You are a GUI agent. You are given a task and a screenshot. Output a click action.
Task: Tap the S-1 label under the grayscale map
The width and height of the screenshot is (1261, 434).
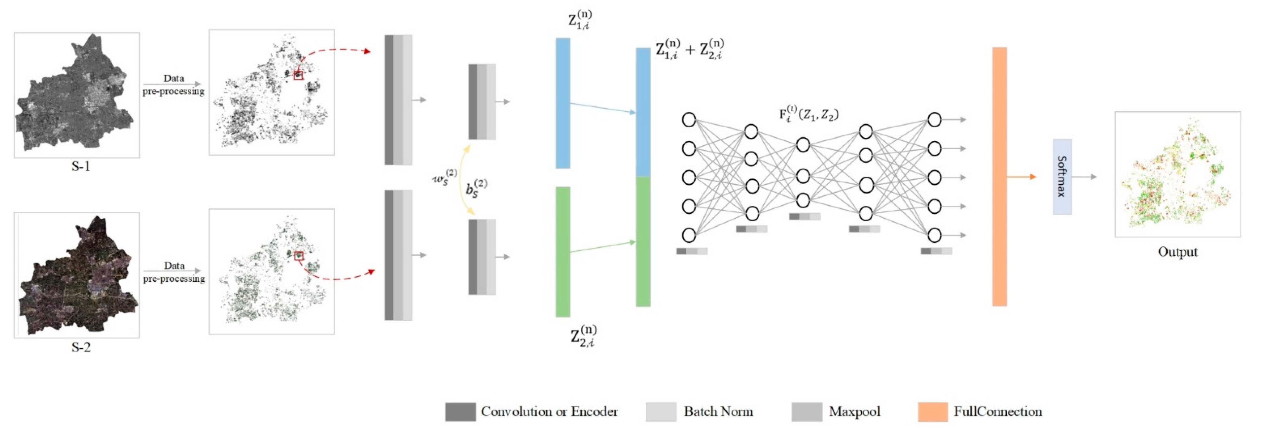pyautogui.click(x=81, y=166)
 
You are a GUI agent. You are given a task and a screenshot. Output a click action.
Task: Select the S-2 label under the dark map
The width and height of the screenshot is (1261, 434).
pyautogui.click(x=81, y=347)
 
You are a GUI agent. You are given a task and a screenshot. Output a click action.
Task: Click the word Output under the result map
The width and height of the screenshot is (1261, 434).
pyautogui.click(x=1177, y=252)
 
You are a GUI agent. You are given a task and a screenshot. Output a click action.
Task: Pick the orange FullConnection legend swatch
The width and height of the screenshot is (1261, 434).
pyautogui.click(x=933, y=411)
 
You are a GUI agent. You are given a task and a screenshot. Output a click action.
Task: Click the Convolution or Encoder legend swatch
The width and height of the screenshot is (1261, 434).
pyautogui.click(x=460, y=411)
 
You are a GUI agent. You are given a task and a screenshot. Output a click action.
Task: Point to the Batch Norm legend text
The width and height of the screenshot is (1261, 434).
pyautogui.click(x=718, y=411)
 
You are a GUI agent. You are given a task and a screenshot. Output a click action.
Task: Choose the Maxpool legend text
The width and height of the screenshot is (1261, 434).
pyautogui.click(x=854, y=411)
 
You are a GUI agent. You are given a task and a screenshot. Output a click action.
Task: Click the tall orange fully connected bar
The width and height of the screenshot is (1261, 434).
pyautogui.click(x=999, y=176)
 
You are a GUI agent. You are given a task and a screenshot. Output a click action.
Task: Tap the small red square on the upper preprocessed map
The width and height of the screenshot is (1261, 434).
pyautogui.click(x=298, y=75)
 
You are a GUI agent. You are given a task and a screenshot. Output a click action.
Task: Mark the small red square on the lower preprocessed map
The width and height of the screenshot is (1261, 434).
pyautogui.click(x=299, y=255)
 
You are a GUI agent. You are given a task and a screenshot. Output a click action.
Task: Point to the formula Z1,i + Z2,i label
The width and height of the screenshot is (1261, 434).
pyautogui.click(x=689, y=49)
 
